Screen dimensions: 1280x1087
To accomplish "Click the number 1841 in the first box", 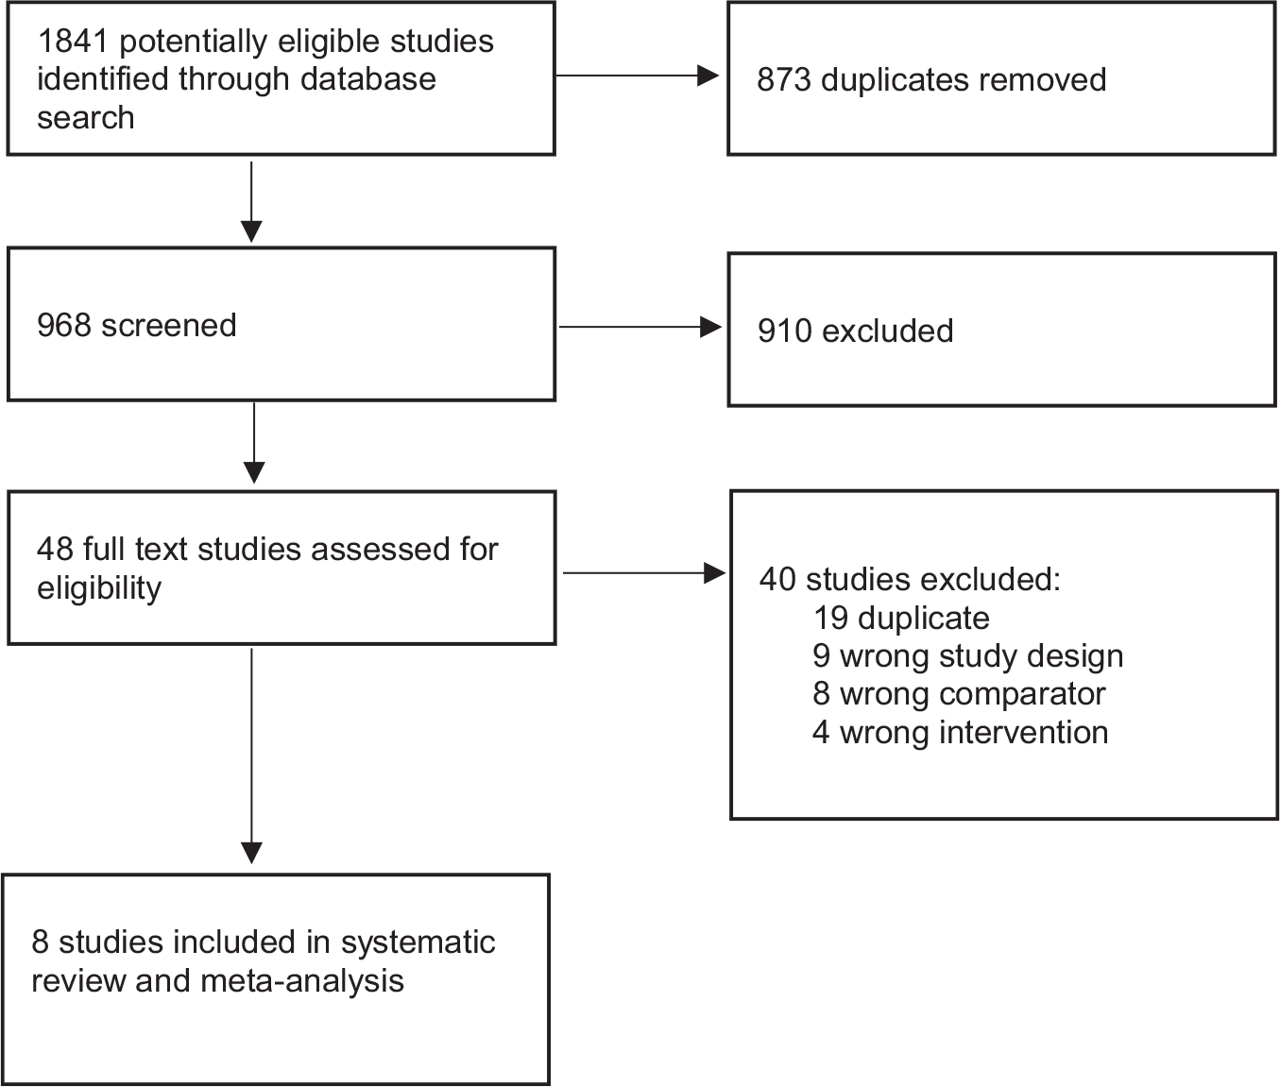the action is (x=74, y=42).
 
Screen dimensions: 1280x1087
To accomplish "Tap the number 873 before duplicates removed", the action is (x=784, y=80).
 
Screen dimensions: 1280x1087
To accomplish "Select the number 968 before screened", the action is (x=64, y=326).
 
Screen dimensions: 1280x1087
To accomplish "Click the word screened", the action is (x=169, y=326).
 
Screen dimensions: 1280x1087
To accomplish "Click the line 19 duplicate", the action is (x=901, y=618).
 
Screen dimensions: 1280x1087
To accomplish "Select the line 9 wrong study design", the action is (x=968, y=656).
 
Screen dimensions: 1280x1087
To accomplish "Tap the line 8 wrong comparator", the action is (x=959, y=694).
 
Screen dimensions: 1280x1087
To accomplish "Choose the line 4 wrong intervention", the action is (x=961, y=732).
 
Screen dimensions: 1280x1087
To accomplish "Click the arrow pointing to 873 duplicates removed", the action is (x=638, y=76).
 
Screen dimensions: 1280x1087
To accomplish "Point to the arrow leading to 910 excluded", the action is (x=640, y=327).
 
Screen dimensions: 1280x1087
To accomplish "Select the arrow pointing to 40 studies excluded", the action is (x=644, y=573).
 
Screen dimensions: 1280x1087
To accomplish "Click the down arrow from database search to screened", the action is (x=251, y=202).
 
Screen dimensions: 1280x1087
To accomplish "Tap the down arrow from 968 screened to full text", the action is (x=254, y=443).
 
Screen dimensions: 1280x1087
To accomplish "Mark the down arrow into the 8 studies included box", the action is (x=251, y=756).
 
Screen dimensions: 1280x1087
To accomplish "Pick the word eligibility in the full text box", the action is (x=99, y=588).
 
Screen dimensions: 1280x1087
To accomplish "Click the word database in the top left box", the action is (x=367, y=80).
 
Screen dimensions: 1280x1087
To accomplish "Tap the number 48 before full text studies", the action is (x=55, y=550).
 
